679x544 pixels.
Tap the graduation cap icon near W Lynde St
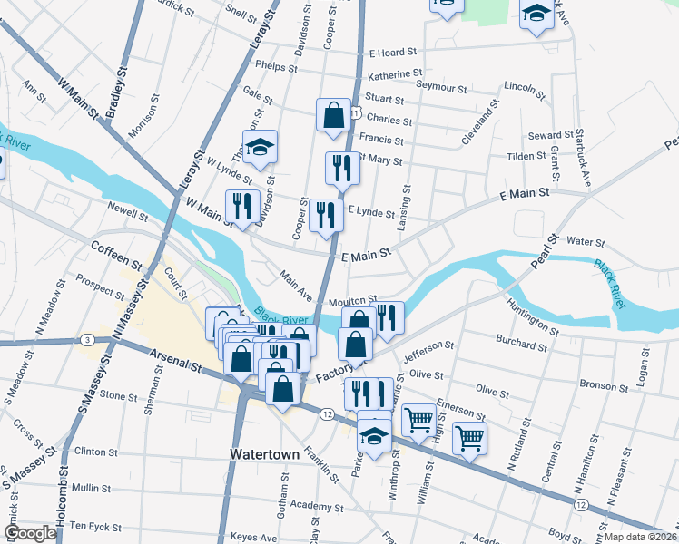pyautogui.click(x=260, y=148)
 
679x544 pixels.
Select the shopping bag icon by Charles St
pyautogui.click(x=333, y=116)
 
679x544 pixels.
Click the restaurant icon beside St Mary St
pyautogui.click(x=342, y=169)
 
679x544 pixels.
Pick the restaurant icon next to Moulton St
pyautogui.click(x=388, y=318)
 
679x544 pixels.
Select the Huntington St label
pyautogui.click(x=535, y=317)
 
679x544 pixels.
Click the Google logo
pyautogui.click(x=30, y=533)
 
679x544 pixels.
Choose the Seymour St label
pyautogui.click(x=441, y=88)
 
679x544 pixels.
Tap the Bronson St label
pyautogui.click(x=603, y=386)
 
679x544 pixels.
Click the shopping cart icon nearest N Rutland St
pyautogui.click(x=469, y=438)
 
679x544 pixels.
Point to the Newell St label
pyautogui.click(x=127, y=217)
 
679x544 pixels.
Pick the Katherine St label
pyautogui.click(x=395, y=73)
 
